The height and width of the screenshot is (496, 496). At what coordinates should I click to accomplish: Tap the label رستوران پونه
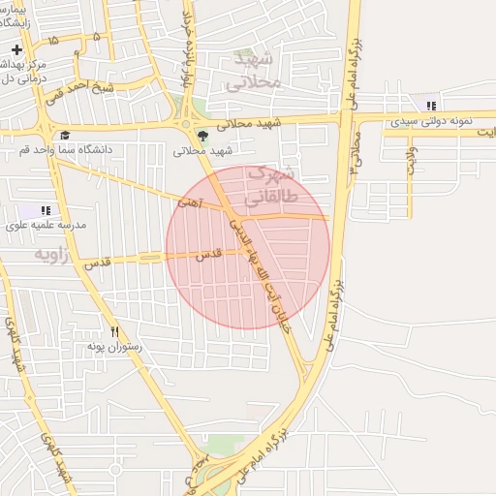point(115,347)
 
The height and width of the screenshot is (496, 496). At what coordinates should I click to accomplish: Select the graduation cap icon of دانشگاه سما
point(65,136)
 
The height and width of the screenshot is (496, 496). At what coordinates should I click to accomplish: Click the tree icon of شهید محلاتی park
point(202,136)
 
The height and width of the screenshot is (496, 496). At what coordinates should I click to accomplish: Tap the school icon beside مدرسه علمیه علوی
point(45,209)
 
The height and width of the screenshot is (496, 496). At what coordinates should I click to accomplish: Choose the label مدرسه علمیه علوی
point(46,225)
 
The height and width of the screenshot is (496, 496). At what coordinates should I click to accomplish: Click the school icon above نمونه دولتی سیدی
point(430,105)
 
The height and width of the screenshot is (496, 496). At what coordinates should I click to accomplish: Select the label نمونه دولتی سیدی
point(429,122)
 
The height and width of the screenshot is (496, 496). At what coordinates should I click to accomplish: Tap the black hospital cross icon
point(17,49)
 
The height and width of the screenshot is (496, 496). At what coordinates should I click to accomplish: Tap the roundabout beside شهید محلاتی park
point(183,123)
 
